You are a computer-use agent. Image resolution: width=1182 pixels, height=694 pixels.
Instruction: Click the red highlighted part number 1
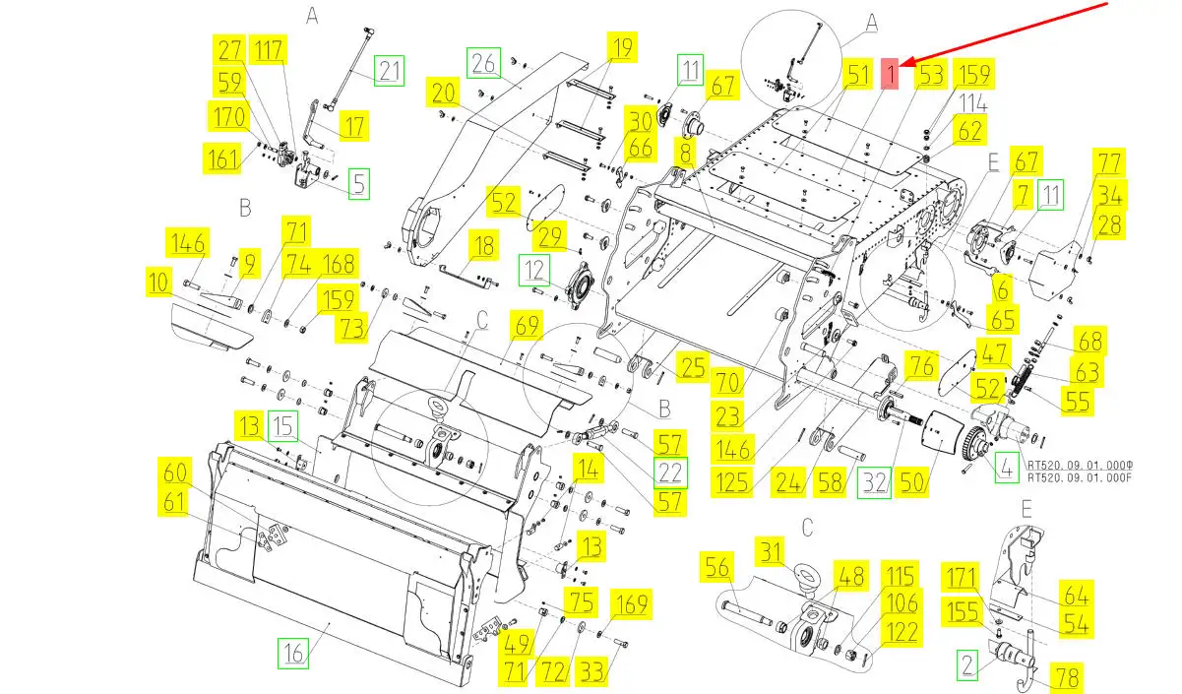890,73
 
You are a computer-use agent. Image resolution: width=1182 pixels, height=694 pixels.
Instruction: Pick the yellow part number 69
528,325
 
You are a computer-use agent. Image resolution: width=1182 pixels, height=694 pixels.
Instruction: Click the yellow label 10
158,284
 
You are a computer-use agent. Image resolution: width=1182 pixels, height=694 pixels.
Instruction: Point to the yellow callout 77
1109,163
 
